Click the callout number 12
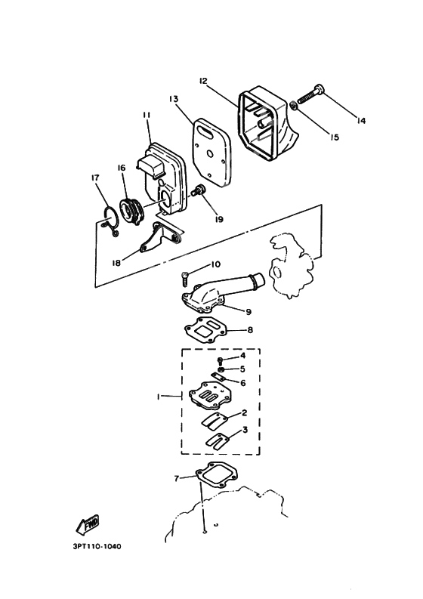[203, 80]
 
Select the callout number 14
[360, 120]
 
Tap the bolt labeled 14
[311, 95]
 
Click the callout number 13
[173, 99]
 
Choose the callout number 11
[146, 114]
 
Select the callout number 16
[120, 168]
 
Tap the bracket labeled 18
[155, 241]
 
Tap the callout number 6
[242, 382]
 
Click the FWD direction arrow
[88, 524]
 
